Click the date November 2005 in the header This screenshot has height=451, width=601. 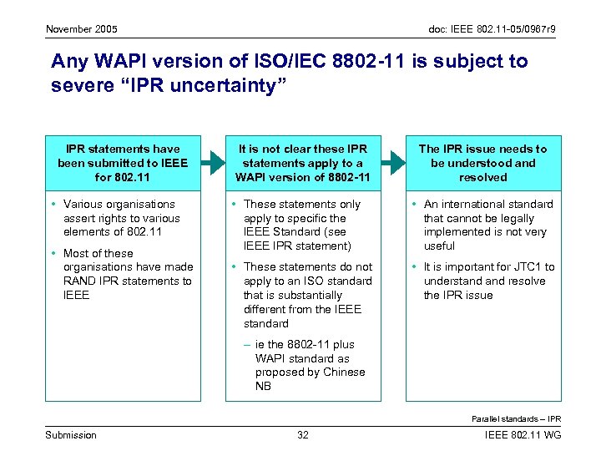pyautogui.click(x=82, y=30)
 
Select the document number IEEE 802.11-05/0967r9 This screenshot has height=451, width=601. pyautogui.click(x=492, y=30)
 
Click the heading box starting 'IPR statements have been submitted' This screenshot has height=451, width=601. pyautogui.click(x=123, y=163)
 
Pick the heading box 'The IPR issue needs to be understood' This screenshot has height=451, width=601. pyautogui.click(x=482, y=163)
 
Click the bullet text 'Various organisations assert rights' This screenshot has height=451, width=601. pyautogui.click(x=122, y=218)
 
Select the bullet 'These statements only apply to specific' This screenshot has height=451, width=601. pyautogui.click(x=302, y=225)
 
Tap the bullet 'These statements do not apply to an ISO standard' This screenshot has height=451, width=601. pyautogui.click(x=307, y=295)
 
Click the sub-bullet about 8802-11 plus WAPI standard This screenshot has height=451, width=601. pyautogui.click(x=310, y=365)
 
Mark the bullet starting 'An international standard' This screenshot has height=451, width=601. pyautogui.click(x=488, y=225)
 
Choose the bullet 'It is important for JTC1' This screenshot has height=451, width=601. pyautogui.click(x=488, y=281)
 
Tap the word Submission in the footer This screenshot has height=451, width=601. pyautogui.click(x=70, y=435)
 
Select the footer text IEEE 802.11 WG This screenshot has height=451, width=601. pyautogui.click(x=523, y=435)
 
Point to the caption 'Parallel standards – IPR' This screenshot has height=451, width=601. pyautogui.click(x=516, y=418)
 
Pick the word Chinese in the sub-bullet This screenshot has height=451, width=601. pyautogui.click(x=344, y=372)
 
